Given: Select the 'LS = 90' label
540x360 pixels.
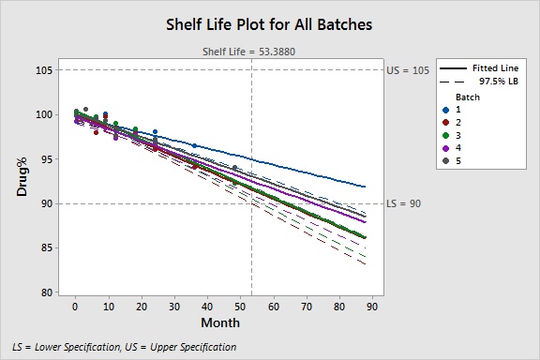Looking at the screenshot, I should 407,203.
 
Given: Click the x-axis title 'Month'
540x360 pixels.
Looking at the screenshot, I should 219,322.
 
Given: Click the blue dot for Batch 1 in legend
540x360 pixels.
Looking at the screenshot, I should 446,110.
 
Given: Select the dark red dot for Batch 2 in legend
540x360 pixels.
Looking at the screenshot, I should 446,123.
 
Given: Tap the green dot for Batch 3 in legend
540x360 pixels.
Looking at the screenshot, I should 446,136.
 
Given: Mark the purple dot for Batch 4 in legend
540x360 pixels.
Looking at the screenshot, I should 446,148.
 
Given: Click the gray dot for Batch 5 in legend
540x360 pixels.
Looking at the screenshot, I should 446,161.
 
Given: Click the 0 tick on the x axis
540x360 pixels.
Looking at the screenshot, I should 75,306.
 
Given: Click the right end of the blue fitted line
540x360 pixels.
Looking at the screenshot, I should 366,187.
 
